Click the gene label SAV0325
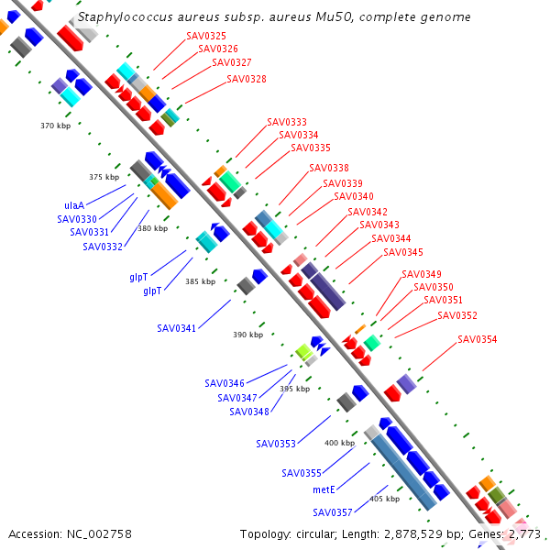tap(206, 36)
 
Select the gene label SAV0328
tap(247, 79)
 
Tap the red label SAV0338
tap(329, 168)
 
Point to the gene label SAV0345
tap(403, 252)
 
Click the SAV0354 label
tap(477, 339)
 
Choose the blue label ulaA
tap(74, 205)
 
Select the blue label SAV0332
tap(103, 247)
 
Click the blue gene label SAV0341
tap(176, 328)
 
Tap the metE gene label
tap(324, 489)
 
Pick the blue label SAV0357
tap(332, 512)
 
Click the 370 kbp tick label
tap(55, 126)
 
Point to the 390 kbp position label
tap(248, 335)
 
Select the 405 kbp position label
tap(384, 499)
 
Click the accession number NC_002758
tap(99, 534)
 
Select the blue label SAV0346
tap(225, 383)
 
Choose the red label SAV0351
tap(443, 301)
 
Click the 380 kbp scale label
tap(152, 228)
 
